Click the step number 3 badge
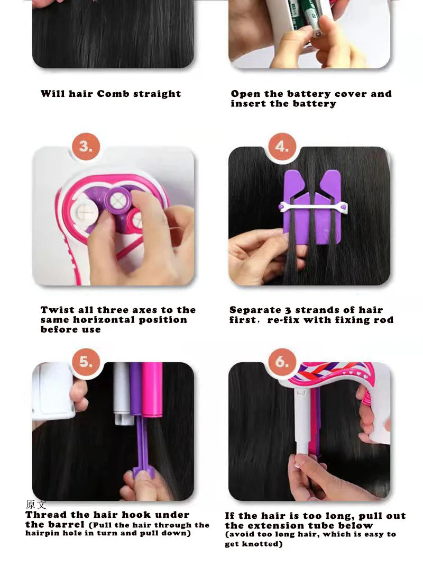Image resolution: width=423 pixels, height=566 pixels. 86,146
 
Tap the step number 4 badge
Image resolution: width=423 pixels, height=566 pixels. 282,146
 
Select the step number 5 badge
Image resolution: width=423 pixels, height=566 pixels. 86,361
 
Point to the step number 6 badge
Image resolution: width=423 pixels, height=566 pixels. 282,361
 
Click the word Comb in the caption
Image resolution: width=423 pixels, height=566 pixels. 113,94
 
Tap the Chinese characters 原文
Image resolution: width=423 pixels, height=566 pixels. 36,504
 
